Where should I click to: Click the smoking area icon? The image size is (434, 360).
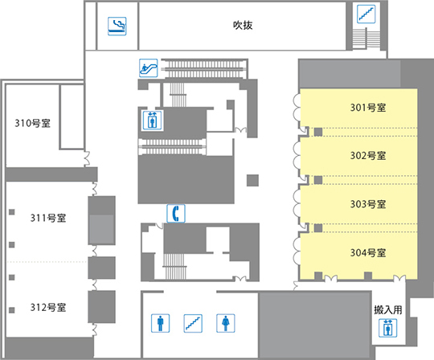[x=117, y=26]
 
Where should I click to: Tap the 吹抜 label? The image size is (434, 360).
[x=243, y=25]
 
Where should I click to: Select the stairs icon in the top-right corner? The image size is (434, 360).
[x=366, y=14]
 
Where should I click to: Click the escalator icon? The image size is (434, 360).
[x=149, y=68]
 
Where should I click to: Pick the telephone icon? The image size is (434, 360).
[x=176, y=213]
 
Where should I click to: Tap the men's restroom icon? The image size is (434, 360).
[x=160, y=323]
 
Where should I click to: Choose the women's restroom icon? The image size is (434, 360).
[x=226, y=323]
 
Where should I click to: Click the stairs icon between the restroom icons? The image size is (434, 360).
[x=193, y=323]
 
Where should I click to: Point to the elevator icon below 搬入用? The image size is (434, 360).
[x=387, y=328]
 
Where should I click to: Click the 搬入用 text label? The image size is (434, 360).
[x=388, y=309]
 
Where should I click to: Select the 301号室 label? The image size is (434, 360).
[x=368, y=108]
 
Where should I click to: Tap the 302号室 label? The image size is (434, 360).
[x=368, y=156]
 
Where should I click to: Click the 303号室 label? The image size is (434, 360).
[x=368, y=204]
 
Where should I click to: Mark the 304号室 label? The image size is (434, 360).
[x=368, y=252]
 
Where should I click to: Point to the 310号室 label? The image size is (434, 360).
[x=32, y=123]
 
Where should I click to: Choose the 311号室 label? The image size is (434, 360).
[x=48, y=218]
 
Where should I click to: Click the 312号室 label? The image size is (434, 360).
[x=48, y=307]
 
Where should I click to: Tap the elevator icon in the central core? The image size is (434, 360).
[x=152, y=120]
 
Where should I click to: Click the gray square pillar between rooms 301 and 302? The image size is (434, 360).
[x=318, y=132]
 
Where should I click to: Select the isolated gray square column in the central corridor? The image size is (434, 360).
[x=252, y=181]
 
